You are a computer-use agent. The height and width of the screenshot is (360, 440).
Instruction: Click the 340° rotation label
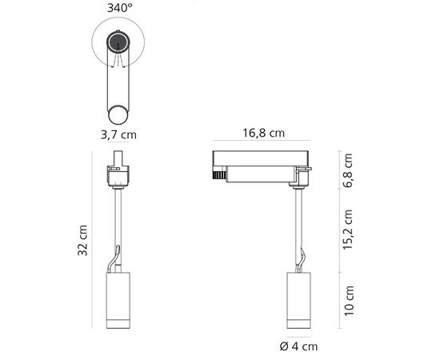tap(118, 10)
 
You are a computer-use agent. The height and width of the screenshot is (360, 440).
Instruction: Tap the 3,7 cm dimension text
tap(118, 134)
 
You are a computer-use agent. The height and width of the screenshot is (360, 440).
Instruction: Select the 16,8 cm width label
tap(263, 134)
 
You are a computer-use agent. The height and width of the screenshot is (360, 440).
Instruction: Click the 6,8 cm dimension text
tap(348, 170)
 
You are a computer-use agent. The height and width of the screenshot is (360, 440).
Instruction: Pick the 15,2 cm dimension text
tap(348, 230)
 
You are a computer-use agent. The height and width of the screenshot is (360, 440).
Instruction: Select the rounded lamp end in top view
tap(118, 111)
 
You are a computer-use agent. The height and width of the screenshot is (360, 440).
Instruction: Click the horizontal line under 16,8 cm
tap(264, 145)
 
